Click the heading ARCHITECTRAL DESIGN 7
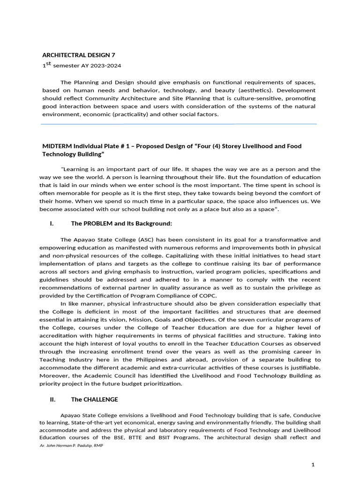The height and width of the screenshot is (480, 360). [79, 55]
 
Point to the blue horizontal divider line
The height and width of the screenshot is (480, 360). [179, 124]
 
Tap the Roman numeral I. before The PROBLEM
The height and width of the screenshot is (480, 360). [52, 224]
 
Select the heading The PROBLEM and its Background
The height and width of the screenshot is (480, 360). [115, 224]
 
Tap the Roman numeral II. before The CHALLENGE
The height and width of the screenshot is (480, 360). [52, 400]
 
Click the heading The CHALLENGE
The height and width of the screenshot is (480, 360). [94, 400]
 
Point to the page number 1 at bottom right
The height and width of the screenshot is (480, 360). [313, 464]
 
